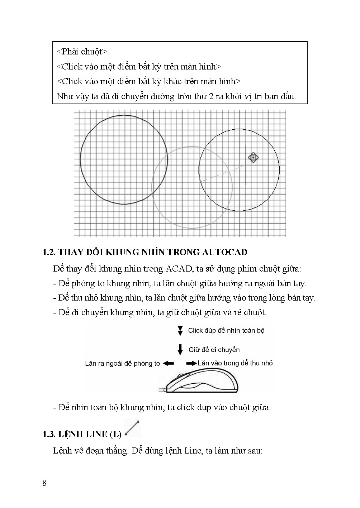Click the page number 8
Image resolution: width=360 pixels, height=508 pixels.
point(44,483)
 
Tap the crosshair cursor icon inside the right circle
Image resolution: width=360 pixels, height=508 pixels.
point(253,157)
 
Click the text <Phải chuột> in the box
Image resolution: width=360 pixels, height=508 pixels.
point(82,52)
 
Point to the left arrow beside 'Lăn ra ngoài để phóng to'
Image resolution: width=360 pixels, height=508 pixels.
point(168,363)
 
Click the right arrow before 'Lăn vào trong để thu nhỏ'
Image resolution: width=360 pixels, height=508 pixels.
point(192,363)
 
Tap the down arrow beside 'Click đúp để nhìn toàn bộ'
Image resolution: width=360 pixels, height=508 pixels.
point(181,331)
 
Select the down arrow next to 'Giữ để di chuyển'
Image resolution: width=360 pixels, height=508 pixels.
point(181,349)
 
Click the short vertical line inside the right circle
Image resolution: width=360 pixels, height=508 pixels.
point(246,165)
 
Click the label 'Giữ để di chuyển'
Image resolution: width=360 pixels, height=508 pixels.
point(214,350)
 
